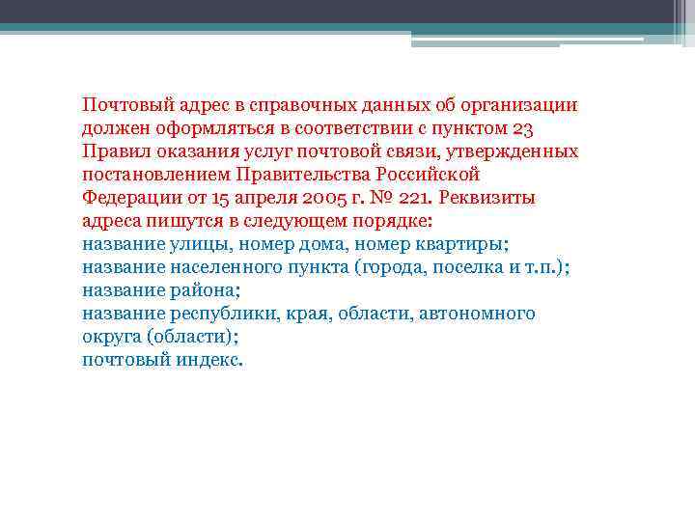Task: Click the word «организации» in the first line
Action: [518, 105]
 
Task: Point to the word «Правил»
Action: [111, 151]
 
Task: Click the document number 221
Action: [415, 198]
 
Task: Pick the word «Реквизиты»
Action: [492, 198]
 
